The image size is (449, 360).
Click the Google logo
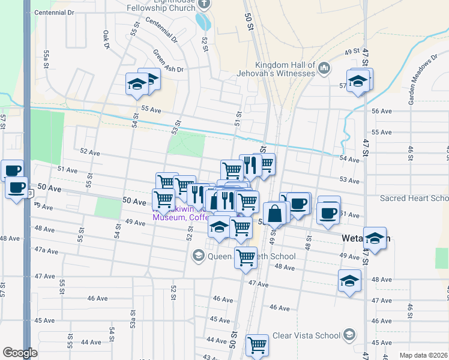click(x=20, y=353)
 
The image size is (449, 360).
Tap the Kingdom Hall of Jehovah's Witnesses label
click(x=285, y=69)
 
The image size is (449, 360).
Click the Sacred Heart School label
click(x=414, y=198)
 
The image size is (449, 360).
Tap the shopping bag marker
click(x=274, y=214)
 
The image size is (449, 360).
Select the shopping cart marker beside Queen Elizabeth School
click(x=246, y=258)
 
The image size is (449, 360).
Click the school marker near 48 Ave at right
click(x=349, y=280)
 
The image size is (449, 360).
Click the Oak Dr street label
click(x=106, y=40)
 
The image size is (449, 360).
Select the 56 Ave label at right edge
click(x=382, y=112)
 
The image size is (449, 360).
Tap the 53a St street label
click(x=133, y=331)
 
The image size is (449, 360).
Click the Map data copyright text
click(x=423, y=355)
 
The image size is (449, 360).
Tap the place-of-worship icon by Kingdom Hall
click(x=324, y=68)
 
